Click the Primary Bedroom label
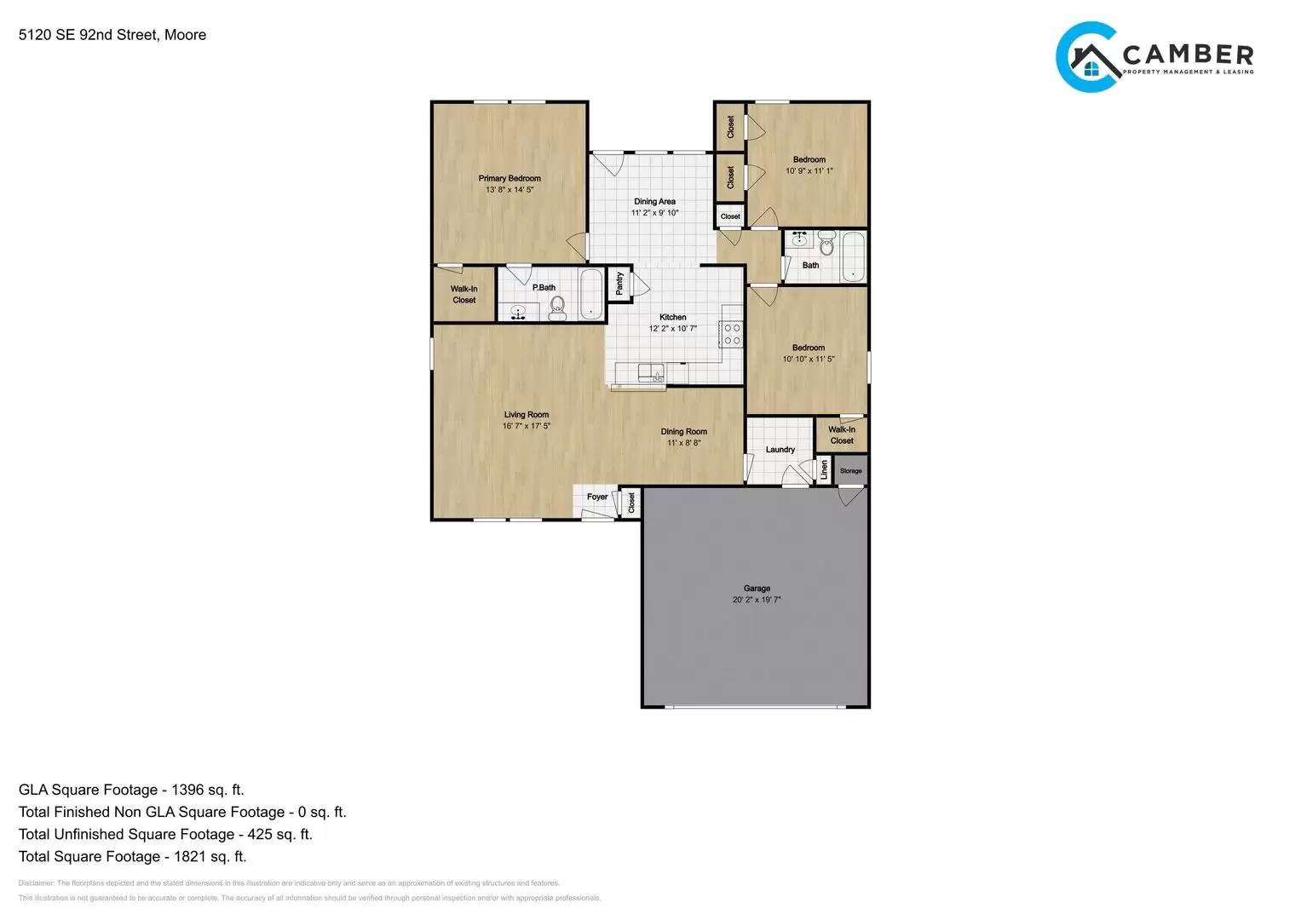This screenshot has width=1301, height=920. pos(509,179)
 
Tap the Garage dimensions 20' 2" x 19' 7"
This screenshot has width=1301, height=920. pos(757,600)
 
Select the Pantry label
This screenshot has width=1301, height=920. pos(619,284)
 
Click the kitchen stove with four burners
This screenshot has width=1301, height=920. pos(731,334)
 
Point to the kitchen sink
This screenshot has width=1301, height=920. pos(652,371)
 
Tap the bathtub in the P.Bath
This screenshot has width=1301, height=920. pos(591,294)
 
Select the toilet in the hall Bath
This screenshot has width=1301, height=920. pos(826,246)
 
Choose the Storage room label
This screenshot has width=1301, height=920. pos(850,471)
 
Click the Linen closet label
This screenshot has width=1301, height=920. pos(824,469)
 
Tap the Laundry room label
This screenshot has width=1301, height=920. pos(780,450)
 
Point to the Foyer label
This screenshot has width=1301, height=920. pos(597,497)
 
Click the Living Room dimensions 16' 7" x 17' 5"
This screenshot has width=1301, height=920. pos(527,426)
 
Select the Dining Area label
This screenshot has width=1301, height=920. pos(654,202)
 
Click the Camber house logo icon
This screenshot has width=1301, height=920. pos(1088,58)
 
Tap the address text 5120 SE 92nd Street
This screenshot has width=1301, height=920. pos(88,35)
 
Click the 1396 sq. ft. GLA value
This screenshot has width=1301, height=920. pos(207,790)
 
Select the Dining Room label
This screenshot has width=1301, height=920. pos(683,432)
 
